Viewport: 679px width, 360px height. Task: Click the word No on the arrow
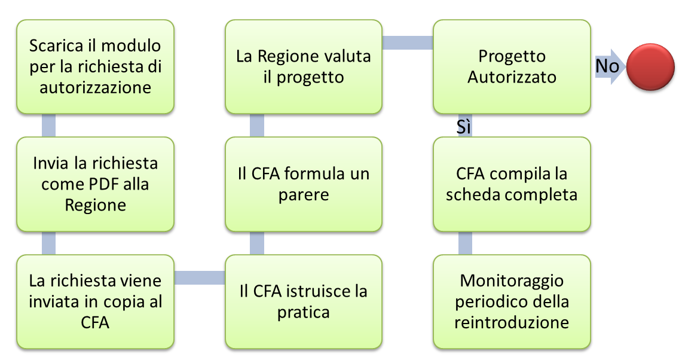click(x=607, y=66)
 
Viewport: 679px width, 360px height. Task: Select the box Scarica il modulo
click(x=95, y=66)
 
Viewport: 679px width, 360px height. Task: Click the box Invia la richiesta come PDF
click(x=95, y=184)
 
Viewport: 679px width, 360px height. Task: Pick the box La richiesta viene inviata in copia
click(x=95, y=302)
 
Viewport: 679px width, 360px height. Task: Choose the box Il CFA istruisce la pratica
click(x=304, y=302)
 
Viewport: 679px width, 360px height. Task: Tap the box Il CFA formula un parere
click(x=304, y=184)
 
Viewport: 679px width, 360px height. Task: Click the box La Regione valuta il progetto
click(x=304, y=66)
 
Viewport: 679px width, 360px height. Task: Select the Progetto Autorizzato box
click(x=512, y=66)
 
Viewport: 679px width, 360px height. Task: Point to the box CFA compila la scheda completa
click(x=512, y=184)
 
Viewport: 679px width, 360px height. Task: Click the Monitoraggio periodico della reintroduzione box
click(x=512, y=302)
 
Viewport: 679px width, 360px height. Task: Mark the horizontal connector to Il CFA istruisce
click(x=199, y=277)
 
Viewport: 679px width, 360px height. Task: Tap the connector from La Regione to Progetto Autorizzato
click(x=408, y=42)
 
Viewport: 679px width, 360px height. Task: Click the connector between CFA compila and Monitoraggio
click(x=465, y=243)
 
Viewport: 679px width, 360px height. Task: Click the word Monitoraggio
click(x=512, y=281)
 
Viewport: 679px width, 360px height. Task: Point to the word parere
click(x=304, y=195)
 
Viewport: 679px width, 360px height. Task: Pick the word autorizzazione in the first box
click(x=95, y=87)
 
